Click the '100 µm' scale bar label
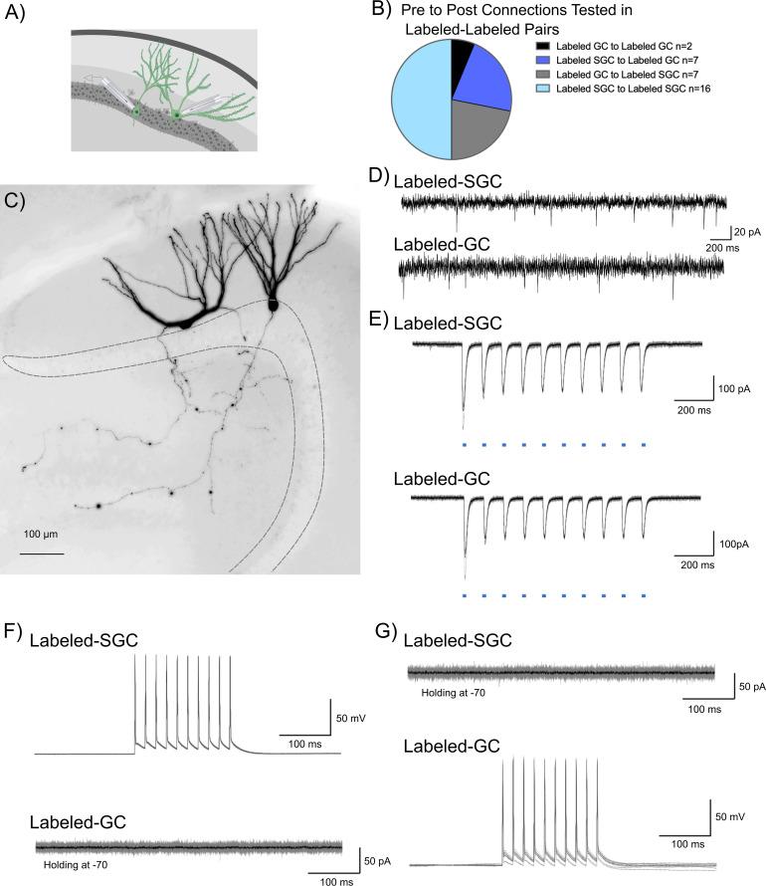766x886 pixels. coord(44,534)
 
